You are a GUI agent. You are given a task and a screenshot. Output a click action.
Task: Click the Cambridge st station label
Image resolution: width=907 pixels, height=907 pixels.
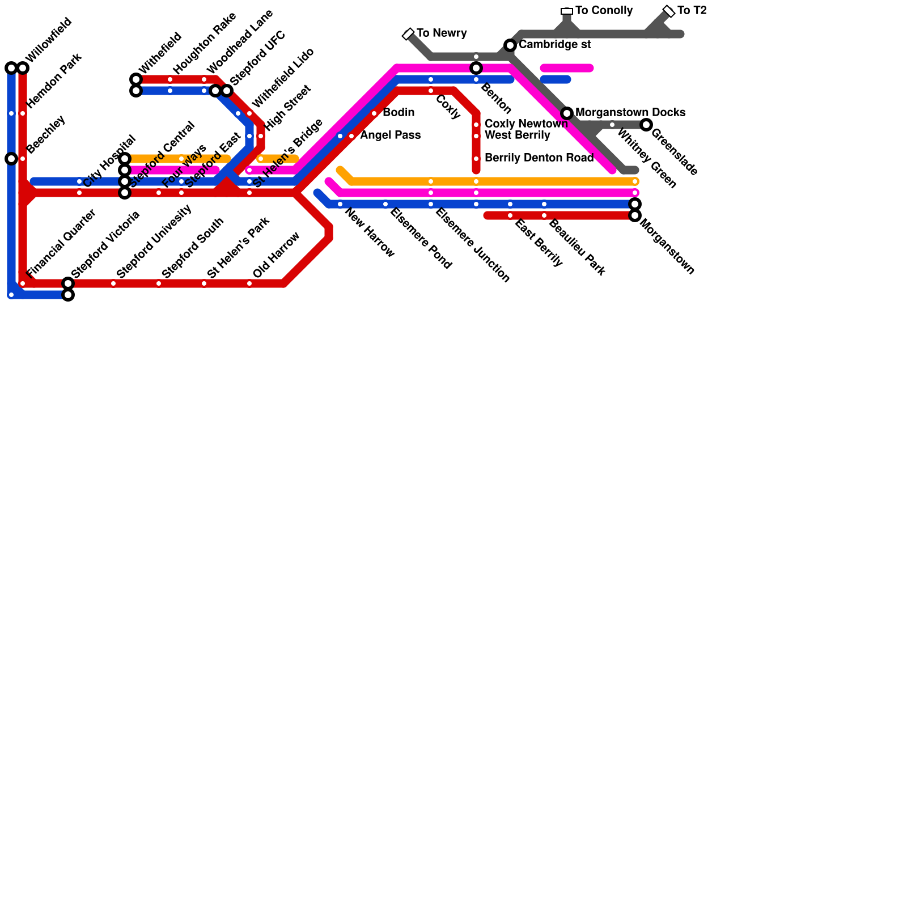(x=554, y=45)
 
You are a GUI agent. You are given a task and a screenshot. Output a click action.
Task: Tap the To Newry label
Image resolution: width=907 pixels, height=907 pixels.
(x=442, y=33)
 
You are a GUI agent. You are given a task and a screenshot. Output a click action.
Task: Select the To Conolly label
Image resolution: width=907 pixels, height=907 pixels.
(x=604, y=11)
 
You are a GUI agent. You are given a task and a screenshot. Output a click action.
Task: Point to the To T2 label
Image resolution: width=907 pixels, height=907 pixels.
(x=692, y=11)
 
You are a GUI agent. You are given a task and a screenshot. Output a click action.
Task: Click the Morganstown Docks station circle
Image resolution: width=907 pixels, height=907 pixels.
(x=567, y=113)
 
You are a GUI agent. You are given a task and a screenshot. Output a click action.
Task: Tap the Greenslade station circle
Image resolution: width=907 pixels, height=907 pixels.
(x=646, y=125)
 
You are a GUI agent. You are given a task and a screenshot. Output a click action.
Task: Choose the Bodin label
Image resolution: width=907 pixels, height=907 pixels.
(x=399, y=113)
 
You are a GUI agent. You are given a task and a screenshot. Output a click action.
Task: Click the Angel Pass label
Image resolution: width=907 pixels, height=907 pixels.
(x=390, y=135)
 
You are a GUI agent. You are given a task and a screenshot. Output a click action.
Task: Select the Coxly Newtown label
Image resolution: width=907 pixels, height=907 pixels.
(x=526, y=124)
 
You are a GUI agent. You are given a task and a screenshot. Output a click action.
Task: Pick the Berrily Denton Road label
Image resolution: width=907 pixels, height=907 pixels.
(x=539, y=158)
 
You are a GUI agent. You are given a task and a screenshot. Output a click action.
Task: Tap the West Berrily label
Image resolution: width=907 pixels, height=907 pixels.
(x=517, y=135)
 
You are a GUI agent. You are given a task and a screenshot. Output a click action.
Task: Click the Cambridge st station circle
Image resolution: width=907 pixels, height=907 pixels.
(x=510, y=45)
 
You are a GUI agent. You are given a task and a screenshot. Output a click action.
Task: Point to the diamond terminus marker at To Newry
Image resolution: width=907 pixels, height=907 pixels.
(x=408, y=34)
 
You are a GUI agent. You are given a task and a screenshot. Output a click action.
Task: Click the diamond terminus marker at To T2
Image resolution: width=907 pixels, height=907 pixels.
(x=669, y=11)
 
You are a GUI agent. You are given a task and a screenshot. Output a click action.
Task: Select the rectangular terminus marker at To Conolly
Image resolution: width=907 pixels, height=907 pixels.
(x=567, y=11)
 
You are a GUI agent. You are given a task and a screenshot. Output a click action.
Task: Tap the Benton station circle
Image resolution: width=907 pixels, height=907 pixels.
(x=476, y=68)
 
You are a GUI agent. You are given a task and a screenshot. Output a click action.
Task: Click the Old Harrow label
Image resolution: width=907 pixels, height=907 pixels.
(x=276, y=255)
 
